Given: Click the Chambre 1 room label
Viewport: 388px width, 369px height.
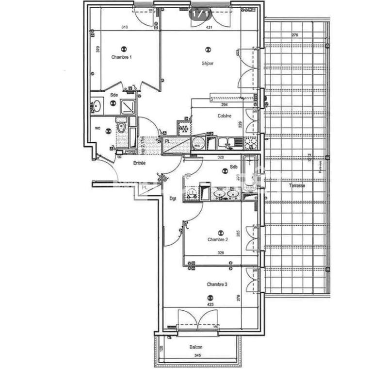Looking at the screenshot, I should point(121,57).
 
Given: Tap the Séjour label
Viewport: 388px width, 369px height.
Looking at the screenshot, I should point(208,63).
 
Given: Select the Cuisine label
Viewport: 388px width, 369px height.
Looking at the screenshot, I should point(224,116).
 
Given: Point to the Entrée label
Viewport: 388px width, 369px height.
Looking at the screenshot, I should point(139,163).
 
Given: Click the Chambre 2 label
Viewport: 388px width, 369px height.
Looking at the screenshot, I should point(217,239).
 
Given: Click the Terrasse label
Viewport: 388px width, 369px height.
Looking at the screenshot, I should point(296,186).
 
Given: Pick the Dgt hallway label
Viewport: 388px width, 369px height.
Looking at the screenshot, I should point(173,198).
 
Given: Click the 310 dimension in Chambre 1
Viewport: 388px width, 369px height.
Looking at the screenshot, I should point(125,27).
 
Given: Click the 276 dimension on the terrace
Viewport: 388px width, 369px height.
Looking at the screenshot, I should point(294,35).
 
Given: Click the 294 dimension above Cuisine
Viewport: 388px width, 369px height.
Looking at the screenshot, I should point(224,104).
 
